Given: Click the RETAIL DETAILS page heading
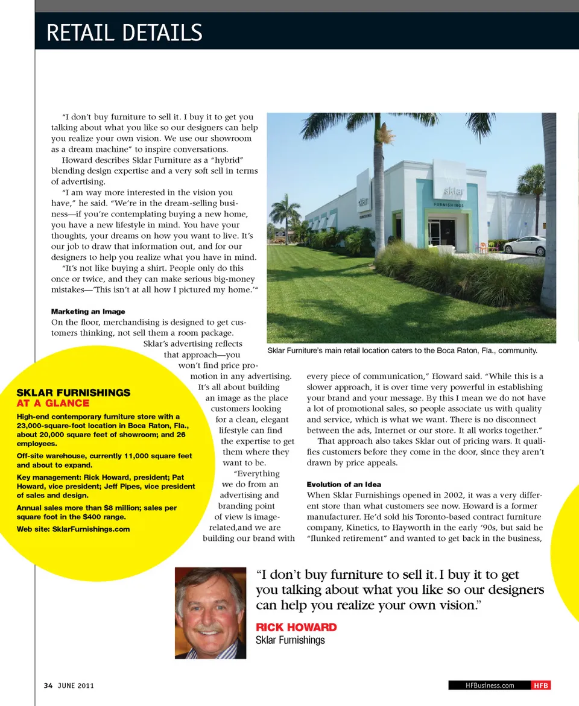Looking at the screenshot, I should (124, 32).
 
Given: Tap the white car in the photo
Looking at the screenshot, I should (524, 245).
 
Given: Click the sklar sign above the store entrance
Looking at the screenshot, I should (454, 192).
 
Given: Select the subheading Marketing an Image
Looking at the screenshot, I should (88, 312).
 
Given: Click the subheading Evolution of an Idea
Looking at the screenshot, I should (344, 484).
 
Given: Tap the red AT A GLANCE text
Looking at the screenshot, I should (52, 403).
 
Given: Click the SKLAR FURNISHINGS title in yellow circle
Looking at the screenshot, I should (73, 392).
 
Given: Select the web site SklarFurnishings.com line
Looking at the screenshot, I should (73, 529).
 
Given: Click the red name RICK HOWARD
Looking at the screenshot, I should (296, 627).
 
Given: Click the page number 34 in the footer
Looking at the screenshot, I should (48, 686).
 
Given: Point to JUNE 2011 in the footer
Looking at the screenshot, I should (76, 686).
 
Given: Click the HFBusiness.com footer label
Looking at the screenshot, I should (490, 686).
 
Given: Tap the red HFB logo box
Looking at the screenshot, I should (540, 686).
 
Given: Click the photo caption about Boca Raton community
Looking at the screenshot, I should (402, 350).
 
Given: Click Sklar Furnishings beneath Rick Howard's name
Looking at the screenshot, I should (290, 640).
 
